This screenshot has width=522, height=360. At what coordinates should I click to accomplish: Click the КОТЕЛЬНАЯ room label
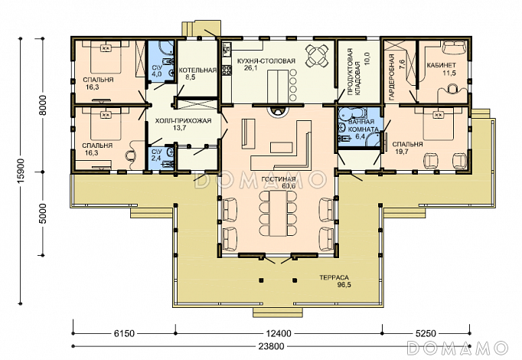[x=197, y=70]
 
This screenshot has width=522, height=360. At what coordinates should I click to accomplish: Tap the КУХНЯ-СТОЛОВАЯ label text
[x=266, y=61]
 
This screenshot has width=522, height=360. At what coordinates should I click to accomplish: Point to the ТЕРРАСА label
[x=334, y=277]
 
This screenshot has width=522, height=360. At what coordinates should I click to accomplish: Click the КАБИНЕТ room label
[x=442, y=65]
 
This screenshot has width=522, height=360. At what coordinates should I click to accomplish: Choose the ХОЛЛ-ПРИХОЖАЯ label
[x=183, y=121]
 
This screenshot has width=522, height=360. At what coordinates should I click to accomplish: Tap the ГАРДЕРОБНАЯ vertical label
[x=392, y=77]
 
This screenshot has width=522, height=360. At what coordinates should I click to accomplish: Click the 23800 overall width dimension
[x=271, y=346]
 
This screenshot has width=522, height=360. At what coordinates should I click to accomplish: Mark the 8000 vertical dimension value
[x=42, y=105]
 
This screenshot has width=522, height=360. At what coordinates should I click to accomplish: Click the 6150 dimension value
[x=124, y=333]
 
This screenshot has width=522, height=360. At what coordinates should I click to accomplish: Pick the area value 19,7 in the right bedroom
[x=400, y=152]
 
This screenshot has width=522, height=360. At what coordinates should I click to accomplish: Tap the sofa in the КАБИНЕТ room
[x=454, y=47]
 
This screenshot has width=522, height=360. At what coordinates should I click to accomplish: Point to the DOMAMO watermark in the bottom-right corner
[x=457, y=348]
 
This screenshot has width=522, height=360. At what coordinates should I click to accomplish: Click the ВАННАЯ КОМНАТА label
[x=363, y=126]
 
